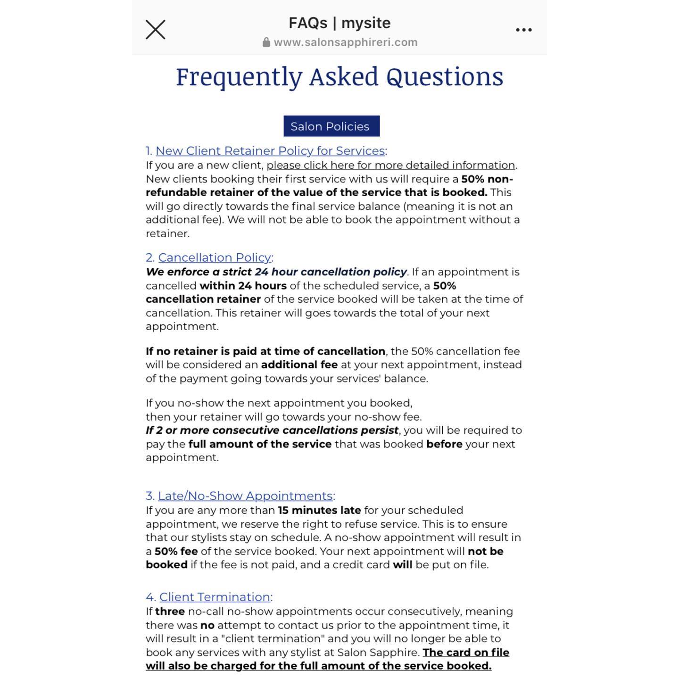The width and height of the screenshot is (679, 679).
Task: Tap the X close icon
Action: (155, 30)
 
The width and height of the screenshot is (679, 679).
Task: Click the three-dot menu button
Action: (523, 30)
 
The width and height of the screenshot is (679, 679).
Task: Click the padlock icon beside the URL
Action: (266, 42)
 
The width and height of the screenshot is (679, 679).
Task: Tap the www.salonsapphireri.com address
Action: (345, 42)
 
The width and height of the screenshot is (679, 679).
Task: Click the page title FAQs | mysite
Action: (339, 23)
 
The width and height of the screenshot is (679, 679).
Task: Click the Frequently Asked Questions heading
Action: (339, 76)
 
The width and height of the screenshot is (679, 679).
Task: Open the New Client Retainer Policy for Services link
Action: (270, 151)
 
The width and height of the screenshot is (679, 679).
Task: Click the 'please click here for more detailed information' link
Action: (390, 166)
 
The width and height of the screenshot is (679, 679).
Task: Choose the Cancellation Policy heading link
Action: (215, 257)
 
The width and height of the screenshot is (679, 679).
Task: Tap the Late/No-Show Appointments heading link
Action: (245, 496)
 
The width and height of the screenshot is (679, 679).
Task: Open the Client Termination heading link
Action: (215, 597)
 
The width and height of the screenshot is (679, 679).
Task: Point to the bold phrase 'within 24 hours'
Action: (243, 286)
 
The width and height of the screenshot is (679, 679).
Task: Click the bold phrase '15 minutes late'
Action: (319, 510)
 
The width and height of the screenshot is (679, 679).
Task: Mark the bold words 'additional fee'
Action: (299, 365)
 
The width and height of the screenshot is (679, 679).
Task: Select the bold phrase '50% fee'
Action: (176, 551)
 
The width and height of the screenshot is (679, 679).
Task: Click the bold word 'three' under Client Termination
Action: (169, 612)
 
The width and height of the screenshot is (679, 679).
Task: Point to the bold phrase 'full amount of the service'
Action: (260, 444)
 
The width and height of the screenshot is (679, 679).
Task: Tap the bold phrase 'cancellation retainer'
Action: (203, 299)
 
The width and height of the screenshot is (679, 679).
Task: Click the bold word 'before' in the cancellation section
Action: (444, 444)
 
